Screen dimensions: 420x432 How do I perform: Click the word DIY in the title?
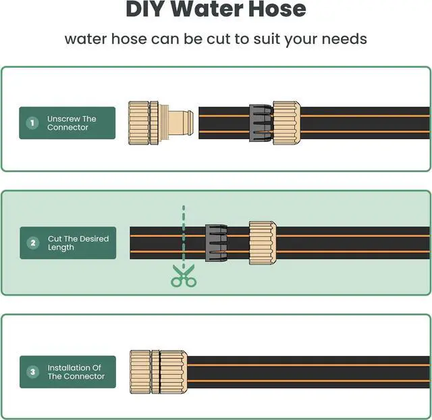146,9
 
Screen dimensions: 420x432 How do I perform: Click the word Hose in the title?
276,9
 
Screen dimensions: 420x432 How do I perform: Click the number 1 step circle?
32,123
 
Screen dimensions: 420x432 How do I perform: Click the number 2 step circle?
32,243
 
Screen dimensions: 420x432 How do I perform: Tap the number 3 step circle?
32,372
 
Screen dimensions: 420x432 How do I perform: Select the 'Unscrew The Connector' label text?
72,123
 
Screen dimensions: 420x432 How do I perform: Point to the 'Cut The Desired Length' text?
78,243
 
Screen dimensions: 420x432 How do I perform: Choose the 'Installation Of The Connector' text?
76,372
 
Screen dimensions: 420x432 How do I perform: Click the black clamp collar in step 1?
260,124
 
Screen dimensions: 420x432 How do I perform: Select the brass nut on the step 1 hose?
286,123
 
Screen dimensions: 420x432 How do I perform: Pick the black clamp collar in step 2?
216,243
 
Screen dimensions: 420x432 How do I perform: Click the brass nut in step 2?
263,243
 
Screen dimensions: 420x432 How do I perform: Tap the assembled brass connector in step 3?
158,372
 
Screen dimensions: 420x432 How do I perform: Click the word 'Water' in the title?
207,9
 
